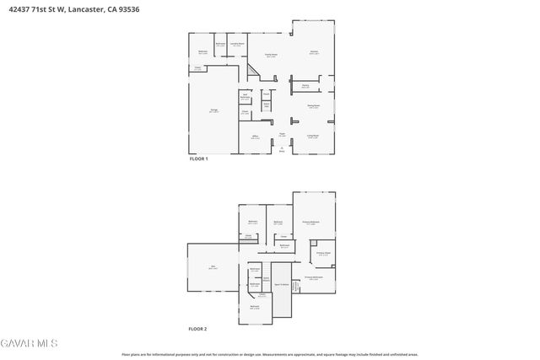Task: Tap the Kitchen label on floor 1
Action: [314, 52]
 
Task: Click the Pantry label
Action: [305, 86]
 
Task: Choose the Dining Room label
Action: [313, 106]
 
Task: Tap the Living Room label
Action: [312, 136]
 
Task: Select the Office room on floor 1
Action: [255, 137]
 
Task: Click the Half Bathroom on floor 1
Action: [246, 97]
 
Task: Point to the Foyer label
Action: [283, 135]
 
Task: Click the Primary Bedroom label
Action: [310, 223]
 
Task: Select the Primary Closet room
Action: [323, 253]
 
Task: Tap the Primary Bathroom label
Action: [312, 277]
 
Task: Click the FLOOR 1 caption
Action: [197, 159]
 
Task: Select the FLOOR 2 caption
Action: [197, 328]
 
